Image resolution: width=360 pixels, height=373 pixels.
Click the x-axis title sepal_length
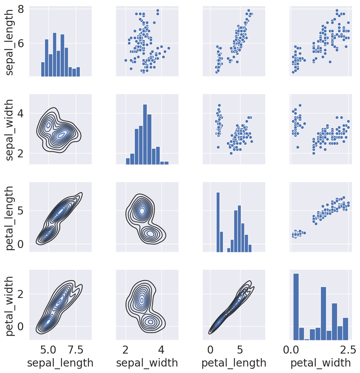click(60, 363)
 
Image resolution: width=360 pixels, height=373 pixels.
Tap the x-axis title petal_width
click(320, 363)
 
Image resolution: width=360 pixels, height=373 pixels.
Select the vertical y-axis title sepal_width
click(9, 130)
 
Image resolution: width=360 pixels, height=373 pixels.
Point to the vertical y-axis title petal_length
click(9, 218)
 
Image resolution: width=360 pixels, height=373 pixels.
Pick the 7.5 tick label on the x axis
click(76, 350)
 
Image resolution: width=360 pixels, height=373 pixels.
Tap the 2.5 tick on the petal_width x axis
click(348, 350)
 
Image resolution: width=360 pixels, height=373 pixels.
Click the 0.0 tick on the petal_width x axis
click(291, 350)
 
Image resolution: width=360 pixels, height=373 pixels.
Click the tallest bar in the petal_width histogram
click(296, 307)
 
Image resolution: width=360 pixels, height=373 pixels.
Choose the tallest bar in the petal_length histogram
click(218, 222)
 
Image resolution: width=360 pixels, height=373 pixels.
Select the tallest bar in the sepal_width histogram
click(145, 134)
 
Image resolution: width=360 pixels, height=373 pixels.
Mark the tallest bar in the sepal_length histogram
click(54, 54)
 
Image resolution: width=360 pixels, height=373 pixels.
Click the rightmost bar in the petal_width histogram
click(346, 329)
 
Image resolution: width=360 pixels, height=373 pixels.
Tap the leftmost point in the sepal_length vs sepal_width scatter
click(126, 61)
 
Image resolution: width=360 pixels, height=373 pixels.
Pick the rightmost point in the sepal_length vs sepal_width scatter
click(169, 48)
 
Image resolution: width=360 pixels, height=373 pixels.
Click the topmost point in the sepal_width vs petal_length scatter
click(219, 105)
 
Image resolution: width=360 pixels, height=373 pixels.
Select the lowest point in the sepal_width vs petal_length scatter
click(231, 153)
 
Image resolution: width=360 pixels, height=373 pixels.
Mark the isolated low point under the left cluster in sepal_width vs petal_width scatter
click(298, 147)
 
